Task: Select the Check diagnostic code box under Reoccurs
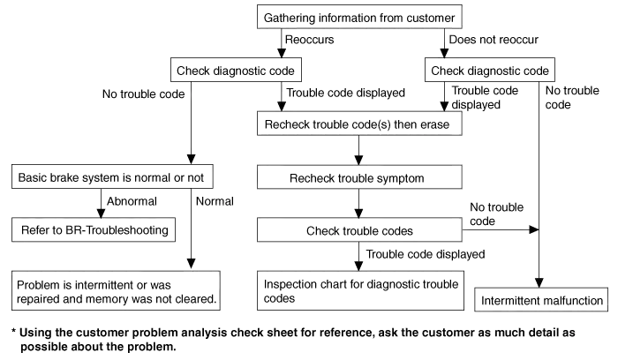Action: click(x=235, y=71)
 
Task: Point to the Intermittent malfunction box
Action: click(x=543, y=300)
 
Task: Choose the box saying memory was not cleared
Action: click(x=116, y=292)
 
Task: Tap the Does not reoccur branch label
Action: click(x=494, y=40)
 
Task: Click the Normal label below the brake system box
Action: click(x=215, y=201)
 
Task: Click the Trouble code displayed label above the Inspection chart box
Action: click(x=426, y=253)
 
